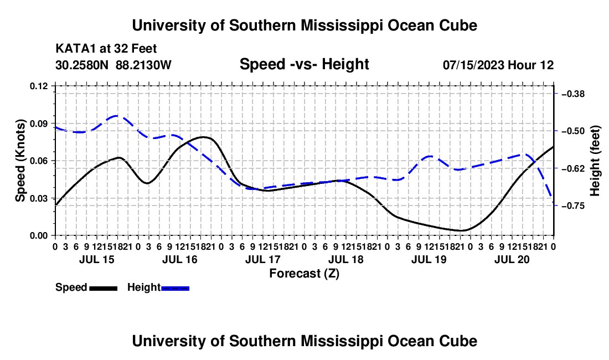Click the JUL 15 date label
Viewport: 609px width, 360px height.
(x=97, y=259)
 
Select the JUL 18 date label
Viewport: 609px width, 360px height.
(x=345, y=259)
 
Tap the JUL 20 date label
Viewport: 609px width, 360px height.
(x=512, y=259)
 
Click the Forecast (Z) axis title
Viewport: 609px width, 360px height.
(x=304, y=274)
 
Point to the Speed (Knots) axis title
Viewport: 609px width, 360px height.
(x=20, y=161)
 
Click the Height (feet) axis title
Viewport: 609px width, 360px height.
(x=595, y=161)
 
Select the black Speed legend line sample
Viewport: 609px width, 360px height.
(x=104, y=288)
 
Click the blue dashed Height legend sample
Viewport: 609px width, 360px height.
(x=175, y=288)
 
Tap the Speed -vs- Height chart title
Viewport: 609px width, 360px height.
(x=304, y=64)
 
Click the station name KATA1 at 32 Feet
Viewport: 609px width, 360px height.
(x=106, y=49)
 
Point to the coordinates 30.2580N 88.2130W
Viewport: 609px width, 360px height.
(x=113, y=65)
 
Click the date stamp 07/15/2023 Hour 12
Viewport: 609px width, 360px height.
(x=498, y=65)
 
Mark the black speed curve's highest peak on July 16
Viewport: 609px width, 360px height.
(x=204, y=137)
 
